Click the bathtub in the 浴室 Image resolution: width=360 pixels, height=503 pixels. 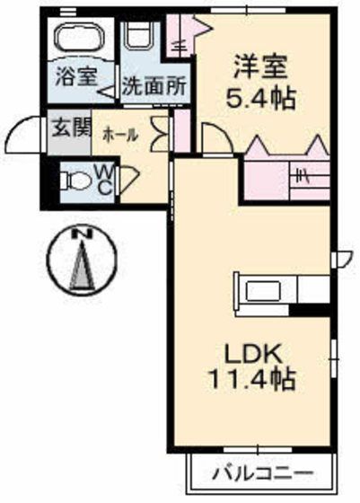pos(80,37)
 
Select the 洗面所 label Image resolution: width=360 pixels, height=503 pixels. pos(154,86)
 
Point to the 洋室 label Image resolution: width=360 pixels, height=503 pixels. pos(260,66)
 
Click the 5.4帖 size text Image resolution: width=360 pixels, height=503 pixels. pos(260,99)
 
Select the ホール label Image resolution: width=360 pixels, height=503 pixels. pos(120,136)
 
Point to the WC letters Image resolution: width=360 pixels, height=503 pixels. pos(104,181)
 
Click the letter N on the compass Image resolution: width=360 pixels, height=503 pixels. pos(82,234)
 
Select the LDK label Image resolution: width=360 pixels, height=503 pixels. pos(253,354)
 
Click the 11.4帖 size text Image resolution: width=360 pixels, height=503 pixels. pos(252,379)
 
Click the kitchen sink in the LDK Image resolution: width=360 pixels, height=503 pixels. pos(263,291)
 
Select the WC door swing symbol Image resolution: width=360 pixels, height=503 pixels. pos(129,179)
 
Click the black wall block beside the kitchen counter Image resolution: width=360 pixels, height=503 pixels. pos(310,310)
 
